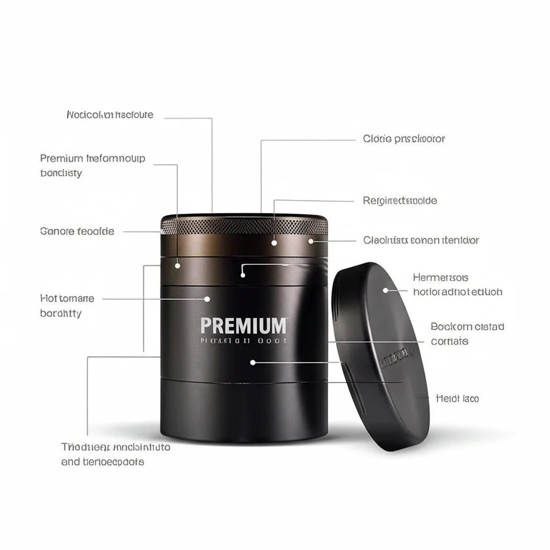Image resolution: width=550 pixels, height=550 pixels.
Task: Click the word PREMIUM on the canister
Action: [244, 325]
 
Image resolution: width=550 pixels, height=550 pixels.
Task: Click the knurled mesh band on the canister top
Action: [244, 226]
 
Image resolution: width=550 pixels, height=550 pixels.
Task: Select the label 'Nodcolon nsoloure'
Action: [110, 115]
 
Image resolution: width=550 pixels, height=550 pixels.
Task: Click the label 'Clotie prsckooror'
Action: [404, 139]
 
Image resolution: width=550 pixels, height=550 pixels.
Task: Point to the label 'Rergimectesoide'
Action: [400, 201]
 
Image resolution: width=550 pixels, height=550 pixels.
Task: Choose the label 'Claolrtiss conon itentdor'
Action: [421, 240]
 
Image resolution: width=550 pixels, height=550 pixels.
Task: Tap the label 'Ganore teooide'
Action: [77, 231]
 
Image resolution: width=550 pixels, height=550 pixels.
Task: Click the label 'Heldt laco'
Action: [457, 399]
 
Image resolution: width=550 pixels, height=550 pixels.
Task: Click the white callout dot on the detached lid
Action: [385, 290]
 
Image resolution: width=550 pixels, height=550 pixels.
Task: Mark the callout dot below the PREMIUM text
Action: [253, 363]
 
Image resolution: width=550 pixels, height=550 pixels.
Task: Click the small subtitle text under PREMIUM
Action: [243, 341]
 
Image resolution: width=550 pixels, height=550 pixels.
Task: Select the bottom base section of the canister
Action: [244, 408]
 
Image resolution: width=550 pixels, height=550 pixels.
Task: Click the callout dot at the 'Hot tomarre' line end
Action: [207, 299]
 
